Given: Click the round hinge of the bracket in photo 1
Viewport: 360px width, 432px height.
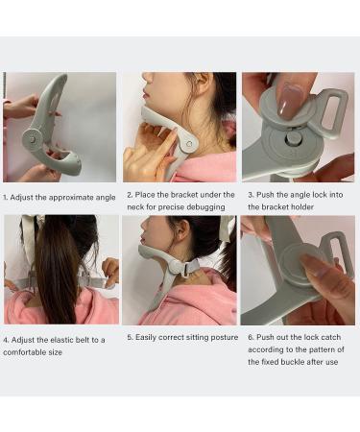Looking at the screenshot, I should point(33,136).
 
